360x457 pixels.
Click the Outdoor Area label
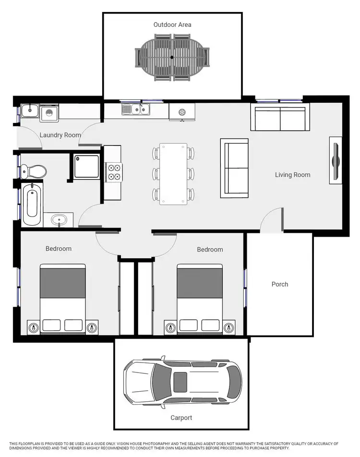pyautogui.click(x=172, y=24)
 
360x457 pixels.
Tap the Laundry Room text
pyautogui.click(x=60, y=135)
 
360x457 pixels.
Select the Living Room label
pyautogui.click(x=292, y=175)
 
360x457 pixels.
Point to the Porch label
pyautogui.click(x=280, y=284)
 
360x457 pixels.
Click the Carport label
pyautogui.click(x=181, y=418)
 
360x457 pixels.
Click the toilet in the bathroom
pyautogui.click(x=35, y=170)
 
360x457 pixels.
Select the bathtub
pyautogui.click(x=32, y=205)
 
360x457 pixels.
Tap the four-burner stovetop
pyautogui.click(x=114, y=172)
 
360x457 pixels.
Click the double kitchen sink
pyautogui.click(x=136, y=110)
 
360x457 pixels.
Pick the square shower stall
pyautogui.click(x=87, y=166)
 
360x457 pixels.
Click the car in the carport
pyautogui.click(x=183, y=382)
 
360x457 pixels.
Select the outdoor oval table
pyautogui.click(x=172, y=57)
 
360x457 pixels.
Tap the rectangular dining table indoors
pyautogui.click(x=173, y=173)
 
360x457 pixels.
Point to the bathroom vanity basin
pyautogui.click(x=60, y=220)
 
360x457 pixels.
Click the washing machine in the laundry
pyautogui.click(x=49, y=114)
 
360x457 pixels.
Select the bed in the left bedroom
pyautogui.click(x=62, y=298)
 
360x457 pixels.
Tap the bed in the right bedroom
pyautogui.click(x=200, y=298)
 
